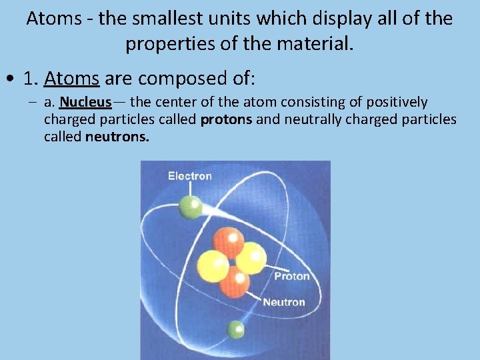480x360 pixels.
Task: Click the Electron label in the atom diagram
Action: (189, 176)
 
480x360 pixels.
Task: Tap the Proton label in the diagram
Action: (292, 276)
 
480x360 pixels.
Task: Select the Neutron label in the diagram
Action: (284, 302)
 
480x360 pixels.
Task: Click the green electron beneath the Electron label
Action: (191, 207)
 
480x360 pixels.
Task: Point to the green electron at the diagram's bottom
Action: (235, 329)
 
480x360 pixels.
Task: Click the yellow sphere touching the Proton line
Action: (251, 258)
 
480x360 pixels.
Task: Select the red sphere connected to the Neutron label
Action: (234, 283)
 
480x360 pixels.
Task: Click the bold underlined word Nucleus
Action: (85, 103)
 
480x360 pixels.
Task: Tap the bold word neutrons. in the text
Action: (117, 137)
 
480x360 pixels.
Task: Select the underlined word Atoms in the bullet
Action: (71, 79)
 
